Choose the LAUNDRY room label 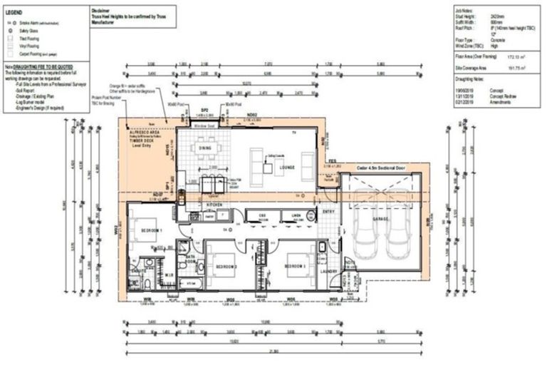click(x=328, y=271)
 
